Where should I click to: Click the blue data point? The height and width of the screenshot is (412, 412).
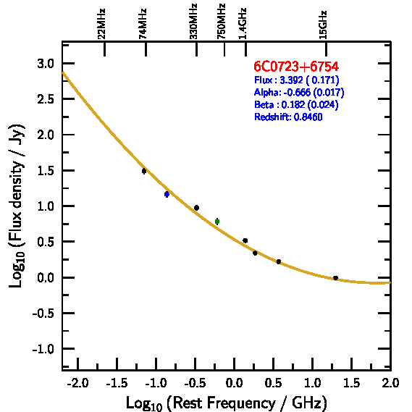point(167,194)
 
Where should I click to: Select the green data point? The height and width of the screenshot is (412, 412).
point(217,222)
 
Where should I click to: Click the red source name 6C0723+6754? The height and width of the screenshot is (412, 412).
point(296,67)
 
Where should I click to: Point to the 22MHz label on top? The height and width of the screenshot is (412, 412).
point(101,24)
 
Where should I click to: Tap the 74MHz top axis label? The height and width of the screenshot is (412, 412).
point(143,24)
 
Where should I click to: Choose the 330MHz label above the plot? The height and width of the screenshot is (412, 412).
point(193,22)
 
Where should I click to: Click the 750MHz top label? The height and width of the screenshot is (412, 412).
point(222,22)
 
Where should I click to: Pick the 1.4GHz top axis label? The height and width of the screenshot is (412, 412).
point(243,24)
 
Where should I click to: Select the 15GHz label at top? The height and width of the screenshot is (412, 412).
point(323,25)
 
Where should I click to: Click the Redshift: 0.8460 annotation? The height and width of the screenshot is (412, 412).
point(288,117)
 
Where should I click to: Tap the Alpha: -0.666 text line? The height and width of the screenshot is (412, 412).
point(299,92)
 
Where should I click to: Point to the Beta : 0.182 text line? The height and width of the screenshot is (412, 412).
point(296,104)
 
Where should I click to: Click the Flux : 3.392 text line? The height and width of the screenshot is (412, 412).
point(297,80)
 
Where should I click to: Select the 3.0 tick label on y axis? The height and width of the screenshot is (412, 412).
point(46,64)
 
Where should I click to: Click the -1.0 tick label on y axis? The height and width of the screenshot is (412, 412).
point(43,349)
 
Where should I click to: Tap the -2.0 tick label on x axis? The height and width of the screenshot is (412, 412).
point(77,383)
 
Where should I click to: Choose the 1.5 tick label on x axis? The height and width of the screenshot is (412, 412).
point(352,383)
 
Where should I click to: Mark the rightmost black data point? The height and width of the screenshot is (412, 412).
point(335,278)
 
